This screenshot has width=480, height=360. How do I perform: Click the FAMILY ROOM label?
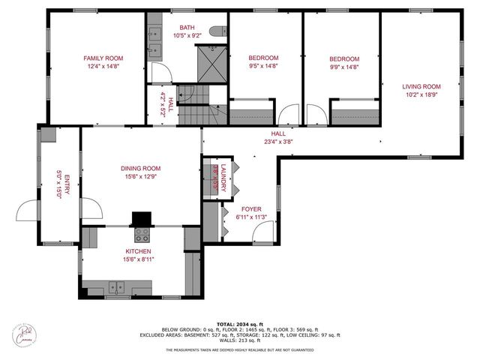coord(103,58)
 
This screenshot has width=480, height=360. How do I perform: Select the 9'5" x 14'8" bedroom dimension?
coord(262,66)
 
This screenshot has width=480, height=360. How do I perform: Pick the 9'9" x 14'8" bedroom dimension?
coord(344,66)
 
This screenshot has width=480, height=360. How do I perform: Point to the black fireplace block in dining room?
coord(140,218)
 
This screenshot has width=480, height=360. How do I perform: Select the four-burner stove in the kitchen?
coord(141,235)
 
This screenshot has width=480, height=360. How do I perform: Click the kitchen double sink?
coord(116,286)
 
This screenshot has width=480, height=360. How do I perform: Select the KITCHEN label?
coord(138,251)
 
